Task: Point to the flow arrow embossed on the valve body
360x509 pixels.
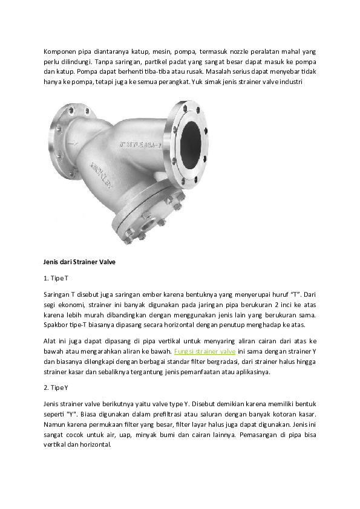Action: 72,143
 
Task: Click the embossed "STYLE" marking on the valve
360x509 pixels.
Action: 141,145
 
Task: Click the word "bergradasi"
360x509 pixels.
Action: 224,361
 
